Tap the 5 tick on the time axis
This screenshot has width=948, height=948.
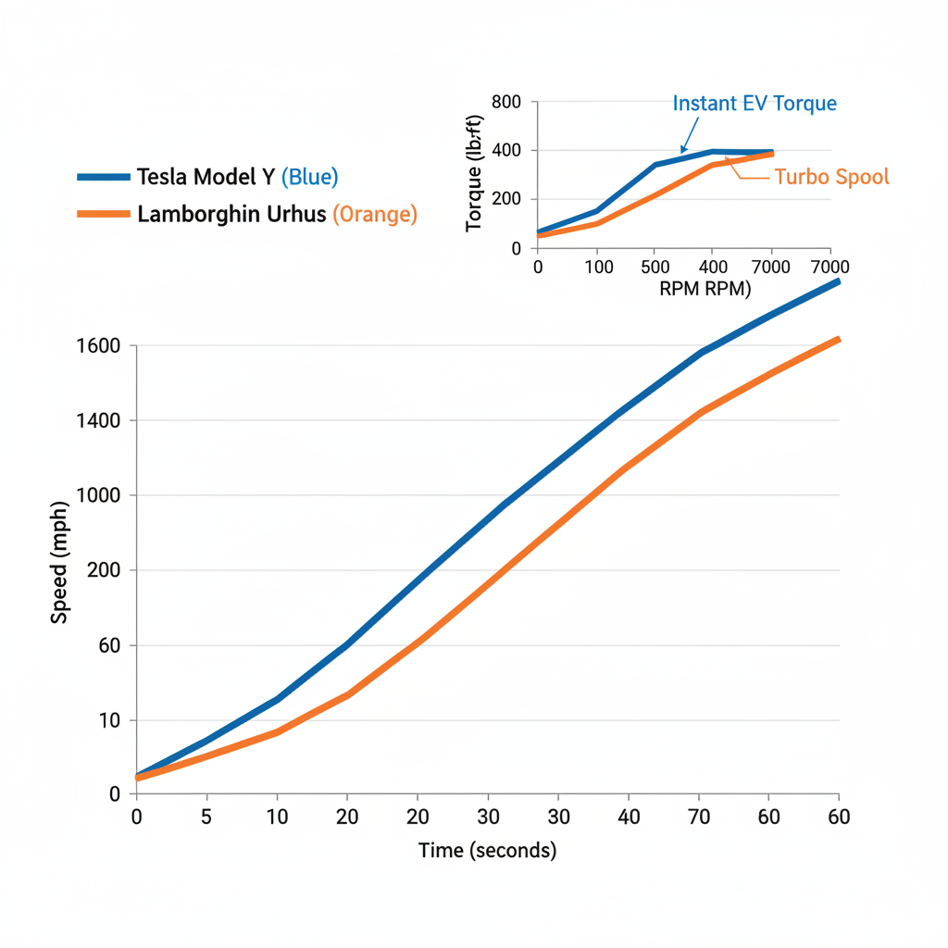(206, 817)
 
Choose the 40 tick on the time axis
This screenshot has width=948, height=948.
(628, 817)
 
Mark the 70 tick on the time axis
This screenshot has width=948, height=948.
(698, 817)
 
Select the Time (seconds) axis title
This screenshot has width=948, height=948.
(487, 850)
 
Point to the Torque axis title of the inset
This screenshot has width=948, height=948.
(474, 173)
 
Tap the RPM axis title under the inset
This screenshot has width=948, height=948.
(705, 288)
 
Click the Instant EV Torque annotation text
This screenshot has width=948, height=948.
(755, 103)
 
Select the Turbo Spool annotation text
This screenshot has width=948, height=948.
(830, 177)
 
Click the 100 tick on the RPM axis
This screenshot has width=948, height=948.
(597, 268)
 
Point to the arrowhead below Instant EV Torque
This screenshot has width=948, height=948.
(682, 149)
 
